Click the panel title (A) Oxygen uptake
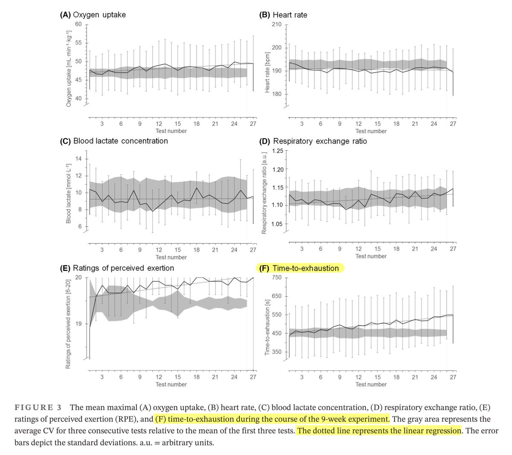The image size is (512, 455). [x=92, y=15]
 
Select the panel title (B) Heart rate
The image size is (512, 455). [x=283, y=15]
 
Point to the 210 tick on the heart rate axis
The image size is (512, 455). [x=276, y=24]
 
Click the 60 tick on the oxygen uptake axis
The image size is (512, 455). [x=78, y=24]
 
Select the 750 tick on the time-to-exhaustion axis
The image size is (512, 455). [x=277, y=277]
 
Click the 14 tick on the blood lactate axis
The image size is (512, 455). [x=79, y=159]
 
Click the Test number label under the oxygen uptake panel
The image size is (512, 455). [x=171, y=131]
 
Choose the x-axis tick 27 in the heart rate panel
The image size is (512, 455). [x=453, y=124]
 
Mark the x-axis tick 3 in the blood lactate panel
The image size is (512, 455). [x=102, y=250]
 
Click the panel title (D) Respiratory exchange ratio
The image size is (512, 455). [x=313, y=141]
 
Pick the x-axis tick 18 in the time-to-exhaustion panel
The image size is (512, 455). [x=396, y=377]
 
